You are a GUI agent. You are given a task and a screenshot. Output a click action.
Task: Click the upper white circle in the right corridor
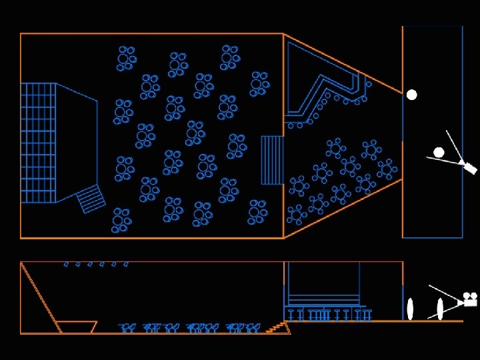(x=412, y=95)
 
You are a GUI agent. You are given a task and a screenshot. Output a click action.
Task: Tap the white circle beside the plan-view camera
(x=439, y=153)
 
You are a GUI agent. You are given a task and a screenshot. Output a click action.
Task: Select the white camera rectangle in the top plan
(x=470, y=168)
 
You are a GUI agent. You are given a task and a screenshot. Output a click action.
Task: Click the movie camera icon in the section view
(x=471, y=299)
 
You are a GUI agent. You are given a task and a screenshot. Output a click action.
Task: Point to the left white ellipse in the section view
(x=410, y=309)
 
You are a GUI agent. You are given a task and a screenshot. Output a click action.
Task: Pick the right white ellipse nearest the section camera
(x=440, y=309)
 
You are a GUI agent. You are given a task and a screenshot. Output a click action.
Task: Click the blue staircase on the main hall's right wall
(x=272, y=160)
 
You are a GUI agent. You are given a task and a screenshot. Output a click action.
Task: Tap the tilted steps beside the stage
(x=91, y=199)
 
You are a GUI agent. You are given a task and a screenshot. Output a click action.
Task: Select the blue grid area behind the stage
(x=38, y=143)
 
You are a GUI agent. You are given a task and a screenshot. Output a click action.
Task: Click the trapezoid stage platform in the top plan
(x=76, y=142)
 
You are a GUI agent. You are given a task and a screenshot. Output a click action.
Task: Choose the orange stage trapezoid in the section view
(x=76, y=327)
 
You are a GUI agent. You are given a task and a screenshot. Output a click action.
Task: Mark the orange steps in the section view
(x=275, y=327)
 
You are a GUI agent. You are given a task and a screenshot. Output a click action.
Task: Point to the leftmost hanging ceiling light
(x=66, y=265)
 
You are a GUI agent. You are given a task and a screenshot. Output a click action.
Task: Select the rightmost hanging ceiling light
(x=125, y=265)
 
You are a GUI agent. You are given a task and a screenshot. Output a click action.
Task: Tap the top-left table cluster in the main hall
(x=126, y=58)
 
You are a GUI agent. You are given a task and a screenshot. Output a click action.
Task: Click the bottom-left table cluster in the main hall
(x=121, y=220)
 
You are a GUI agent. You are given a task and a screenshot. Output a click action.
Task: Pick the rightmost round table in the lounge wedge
(x=387, y=169)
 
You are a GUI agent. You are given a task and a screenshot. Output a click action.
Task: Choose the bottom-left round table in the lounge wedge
(x=296, y=215)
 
